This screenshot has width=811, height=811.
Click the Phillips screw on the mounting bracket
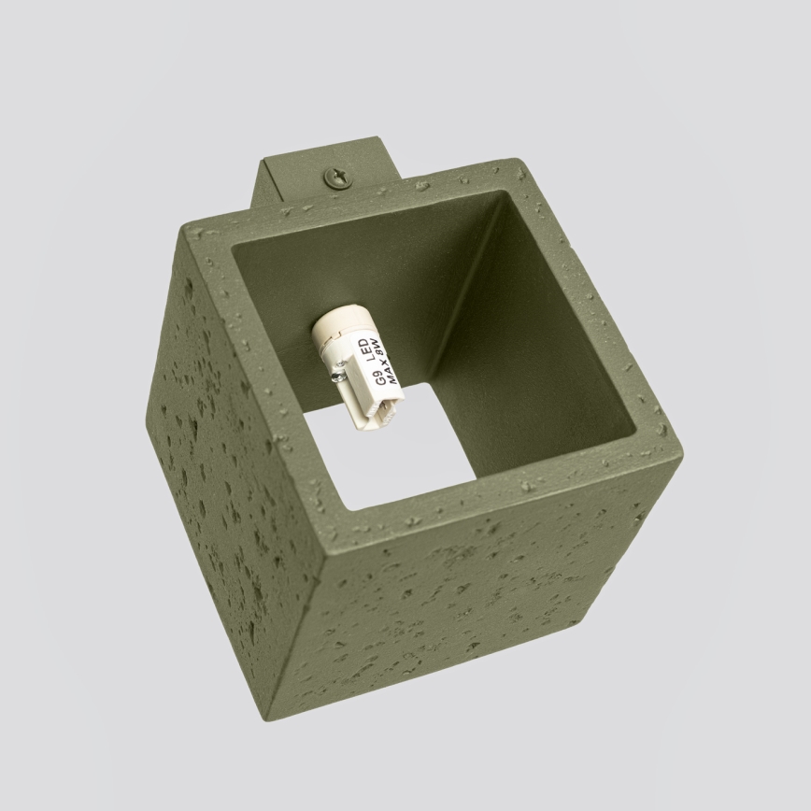pos(335,176)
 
